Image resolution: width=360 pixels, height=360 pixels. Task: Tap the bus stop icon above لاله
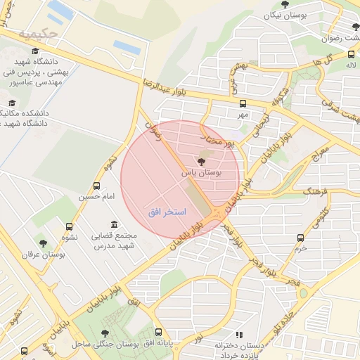(351, 54)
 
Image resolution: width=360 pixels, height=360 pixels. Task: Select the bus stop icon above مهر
(243, 103)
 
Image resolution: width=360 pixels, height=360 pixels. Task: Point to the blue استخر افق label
(167, 212)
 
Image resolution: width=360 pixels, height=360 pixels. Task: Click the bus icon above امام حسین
(96, 187)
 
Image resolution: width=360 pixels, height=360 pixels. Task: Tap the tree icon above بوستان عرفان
(43, 243)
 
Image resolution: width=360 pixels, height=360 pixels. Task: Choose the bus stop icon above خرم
(302, 238)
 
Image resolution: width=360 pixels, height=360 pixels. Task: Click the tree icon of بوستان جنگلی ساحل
(105, 333)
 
